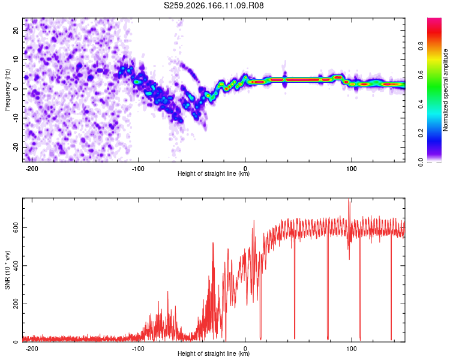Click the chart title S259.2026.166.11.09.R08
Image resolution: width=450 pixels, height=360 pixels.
pos(214,5)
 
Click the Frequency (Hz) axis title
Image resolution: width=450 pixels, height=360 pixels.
pos(7,89)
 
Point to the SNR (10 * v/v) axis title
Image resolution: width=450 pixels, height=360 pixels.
pos(7,270)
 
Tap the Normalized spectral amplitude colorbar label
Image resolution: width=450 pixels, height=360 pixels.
pos(445,90)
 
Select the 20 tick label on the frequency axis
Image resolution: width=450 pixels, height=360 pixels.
pos(16,31)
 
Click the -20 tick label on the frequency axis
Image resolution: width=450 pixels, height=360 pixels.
pos(16,147)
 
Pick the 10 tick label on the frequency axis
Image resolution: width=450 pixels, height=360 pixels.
pos(16,60)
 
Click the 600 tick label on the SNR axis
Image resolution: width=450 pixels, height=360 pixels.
pos(16,227)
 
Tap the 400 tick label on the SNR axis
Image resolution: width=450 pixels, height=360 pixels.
pos(16,266)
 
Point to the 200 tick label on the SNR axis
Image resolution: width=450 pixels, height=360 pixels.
pos(16,304)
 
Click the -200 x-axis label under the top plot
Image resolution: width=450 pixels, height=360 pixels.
pos(32,169)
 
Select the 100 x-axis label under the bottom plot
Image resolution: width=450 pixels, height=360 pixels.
pos(351,349)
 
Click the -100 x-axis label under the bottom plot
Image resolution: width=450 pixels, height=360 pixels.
pos(138,349)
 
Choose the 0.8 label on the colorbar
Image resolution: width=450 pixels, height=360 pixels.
pos(421,46)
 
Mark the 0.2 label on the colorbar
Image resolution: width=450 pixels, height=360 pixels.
pos(421,133)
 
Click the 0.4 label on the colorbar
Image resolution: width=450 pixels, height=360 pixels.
pos(421,104)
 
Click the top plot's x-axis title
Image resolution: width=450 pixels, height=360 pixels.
pos(214,173)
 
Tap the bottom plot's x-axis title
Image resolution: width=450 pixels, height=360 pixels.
pos(214,353)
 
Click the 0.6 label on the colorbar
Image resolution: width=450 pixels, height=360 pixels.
pos(421,75)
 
